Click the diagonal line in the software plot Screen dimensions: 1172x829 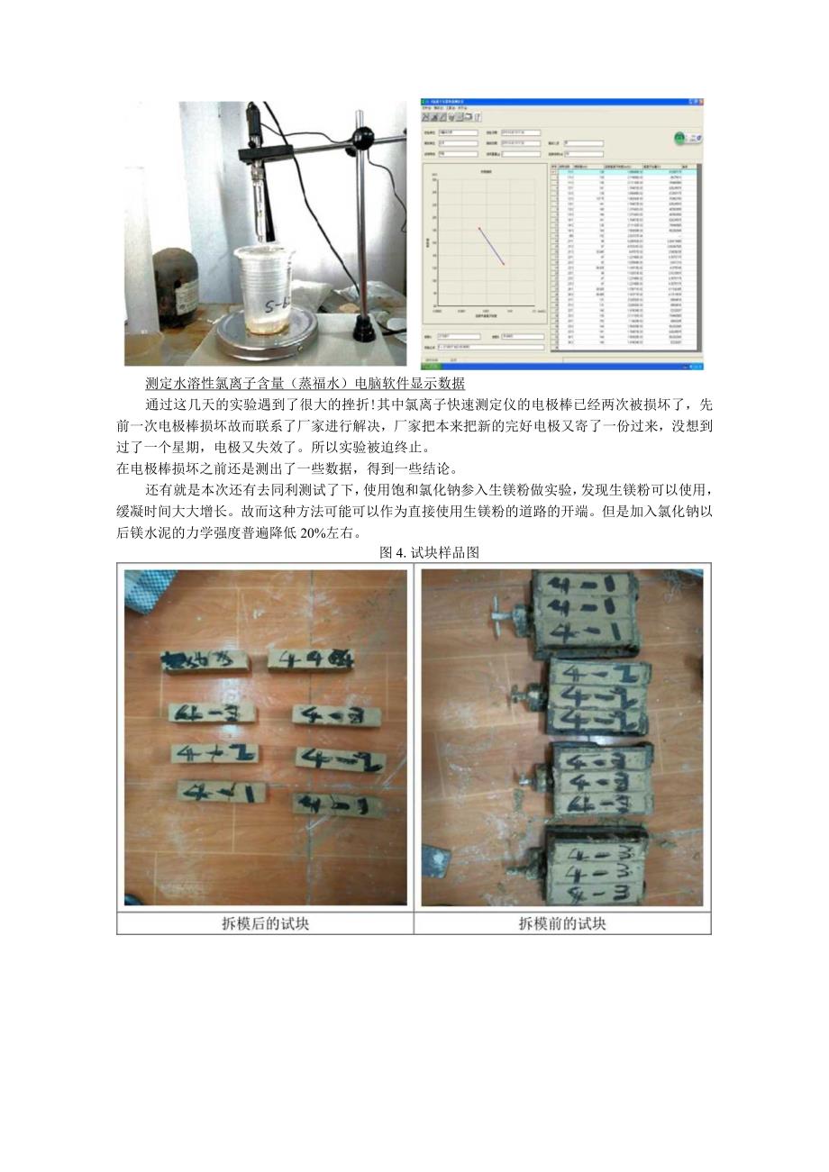pos(491,245)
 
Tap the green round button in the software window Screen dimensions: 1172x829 pos(679,138)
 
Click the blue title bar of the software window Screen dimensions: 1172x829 pos(559,102)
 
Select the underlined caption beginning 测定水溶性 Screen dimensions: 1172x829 pos(305,384)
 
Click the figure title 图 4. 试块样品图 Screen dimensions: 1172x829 pos(428,553)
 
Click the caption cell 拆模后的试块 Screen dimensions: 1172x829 pos(266,923)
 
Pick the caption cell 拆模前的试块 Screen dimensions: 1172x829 pos(562,923)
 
